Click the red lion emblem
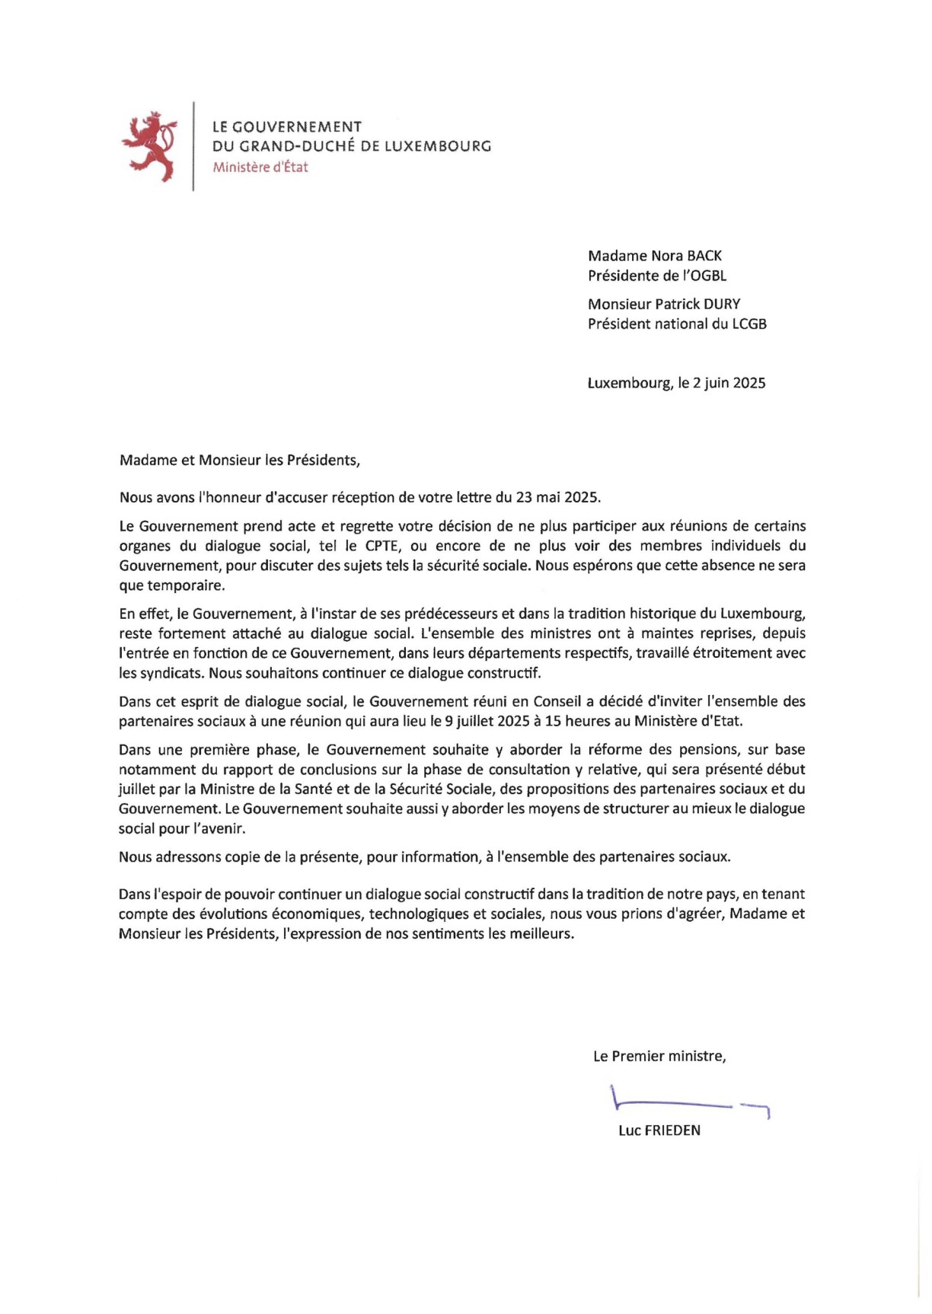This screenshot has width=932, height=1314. pyautogui.click(x=149, y=146)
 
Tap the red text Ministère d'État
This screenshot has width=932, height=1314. pyautogui.click(x=260, y=167)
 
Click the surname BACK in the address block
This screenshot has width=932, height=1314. pyautogui.click(x=704, y=256)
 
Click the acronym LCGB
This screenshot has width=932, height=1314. pyautogui.click(x=749, y=324)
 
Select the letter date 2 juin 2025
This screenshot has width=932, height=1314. pyautogui.click(x=729, y=383)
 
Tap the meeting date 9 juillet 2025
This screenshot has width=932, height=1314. pyautogui.click(x=487, y=721)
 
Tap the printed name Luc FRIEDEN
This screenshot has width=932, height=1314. pyautogui.click(x=659, y=1131)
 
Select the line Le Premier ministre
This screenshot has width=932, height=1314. pyautogui.click(x=659, y=1056)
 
